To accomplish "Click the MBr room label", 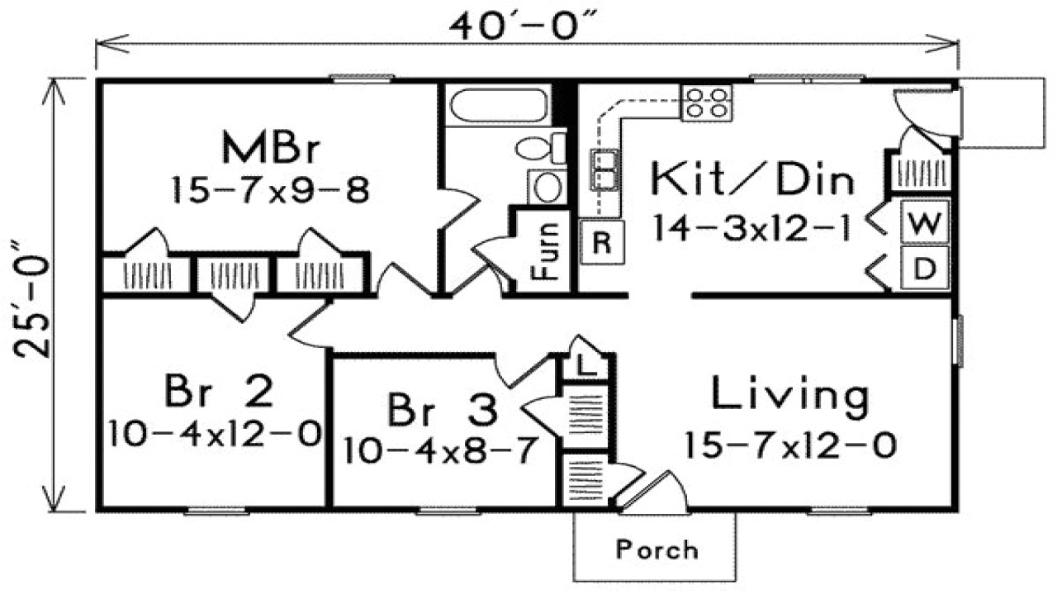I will [270, 149].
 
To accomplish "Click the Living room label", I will [790, 396].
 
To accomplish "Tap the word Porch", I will [656, 549].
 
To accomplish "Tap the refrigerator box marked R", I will [602, 243].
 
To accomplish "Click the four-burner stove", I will [707, 102].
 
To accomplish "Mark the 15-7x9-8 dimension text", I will [269, 192].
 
